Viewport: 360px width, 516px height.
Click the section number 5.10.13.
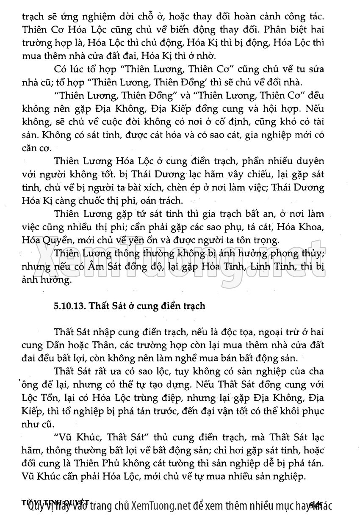coord(69,306)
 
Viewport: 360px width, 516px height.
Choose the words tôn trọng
coord(256,240)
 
